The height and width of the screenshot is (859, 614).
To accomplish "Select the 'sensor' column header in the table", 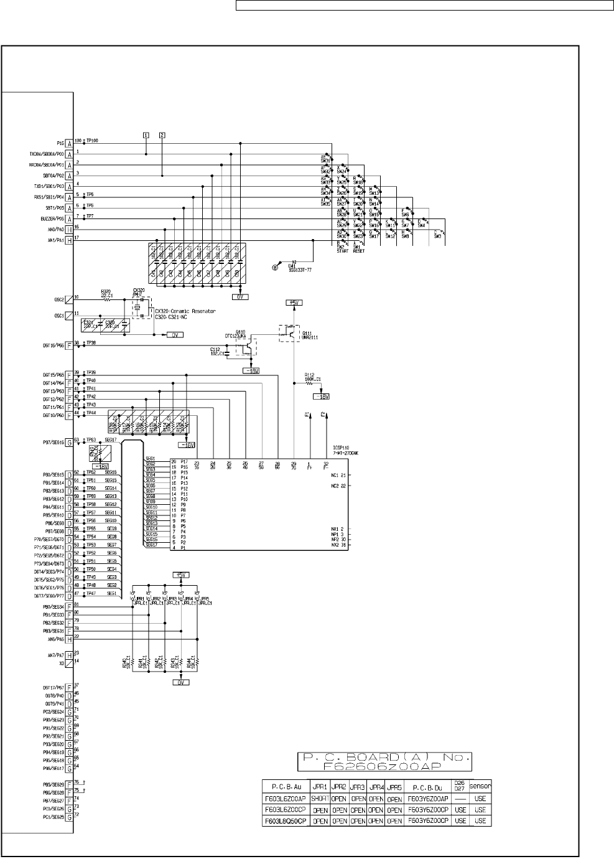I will (480, 786).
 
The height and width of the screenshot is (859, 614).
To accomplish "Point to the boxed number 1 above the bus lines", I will (146, 134).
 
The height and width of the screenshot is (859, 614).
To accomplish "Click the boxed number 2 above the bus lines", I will (162, 134).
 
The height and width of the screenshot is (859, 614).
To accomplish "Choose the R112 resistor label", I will (312, 376).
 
